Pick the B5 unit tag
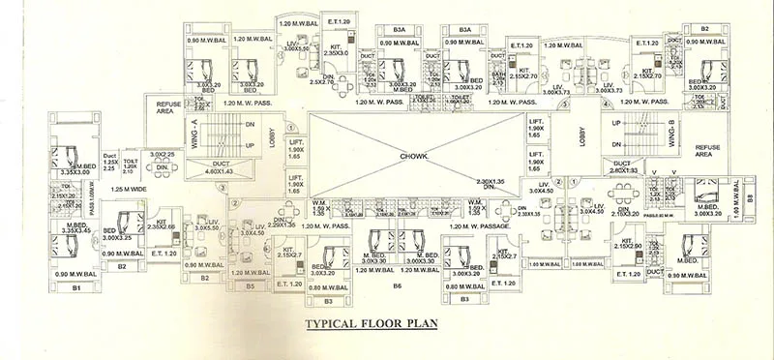click(250, 286)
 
